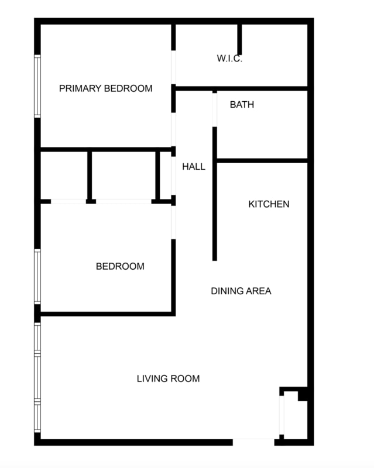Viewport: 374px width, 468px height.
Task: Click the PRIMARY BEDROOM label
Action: click(105, 89)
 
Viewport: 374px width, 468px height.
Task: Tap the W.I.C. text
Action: click(229, 58)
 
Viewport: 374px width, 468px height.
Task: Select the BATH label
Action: click(242, 105)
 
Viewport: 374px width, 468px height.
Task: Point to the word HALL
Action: click(193, 167)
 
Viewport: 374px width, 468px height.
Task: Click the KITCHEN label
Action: click(269, 204)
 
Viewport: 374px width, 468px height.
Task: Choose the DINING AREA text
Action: click(241, 291)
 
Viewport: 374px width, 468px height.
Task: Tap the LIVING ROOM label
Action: click(168, 378)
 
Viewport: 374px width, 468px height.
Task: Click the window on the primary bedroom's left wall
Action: click(37, 86)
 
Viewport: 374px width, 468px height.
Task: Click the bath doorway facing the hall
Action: click(215, 109)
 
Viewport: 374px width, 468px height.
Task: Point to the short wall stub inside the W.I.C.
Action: click(239, 39)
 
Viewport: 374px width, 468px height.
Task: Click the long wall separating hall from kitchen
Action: click(215, 199)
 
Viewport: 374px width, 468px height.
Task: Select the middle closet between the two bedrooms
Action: click(123, 175)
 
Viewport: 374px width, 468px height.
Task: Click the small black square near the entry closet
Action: click(303, 395)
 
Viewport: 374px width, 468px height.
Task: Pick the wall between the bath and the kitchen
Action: click(262, 160)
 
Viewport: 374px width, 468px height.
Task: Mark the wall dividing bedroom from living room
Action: click(105, 314)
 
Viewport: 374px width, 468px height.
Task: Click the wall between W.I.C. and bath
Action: click(241, 88)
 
